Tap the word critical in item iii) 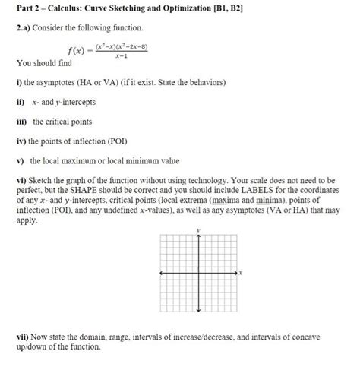(x=64, y=121)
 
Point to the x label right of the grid (x=239, y=272)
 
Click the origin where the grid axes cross (x=198, y=272)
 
